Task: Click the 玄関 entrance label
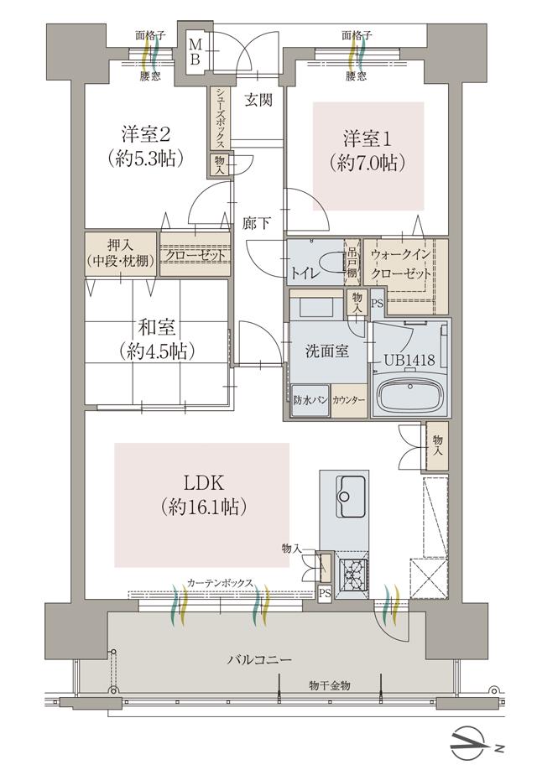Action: click(258, 101)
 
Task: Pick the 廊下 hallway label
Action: click(257, 225)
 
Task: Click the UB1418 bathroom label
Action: click(409, 360)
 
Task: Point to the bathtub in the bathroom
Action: click(409, 395)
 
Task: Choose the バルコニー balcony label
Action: click(259, 660)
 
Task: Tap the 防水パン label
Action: click(310, 400)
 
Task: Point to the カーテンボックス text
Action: click(221, 583)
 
